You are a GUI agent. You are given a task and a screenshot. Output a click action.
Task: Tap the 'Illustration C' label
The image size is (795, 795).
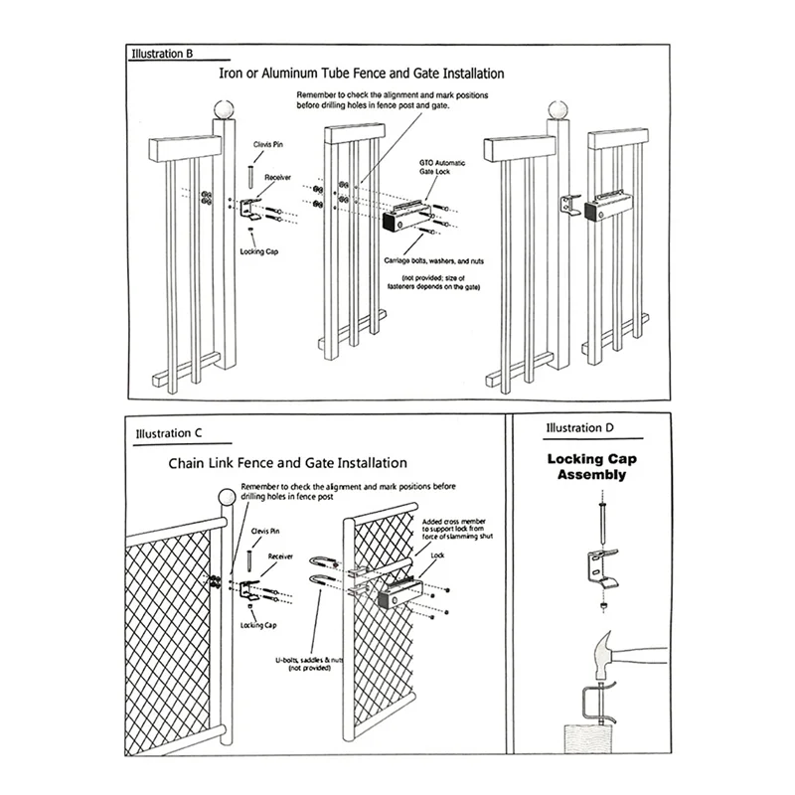(x=169, y=433)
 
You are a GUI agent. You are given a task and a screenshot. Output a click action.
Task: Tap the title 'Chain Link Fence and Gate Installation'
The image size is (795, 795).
(x=287, y=462)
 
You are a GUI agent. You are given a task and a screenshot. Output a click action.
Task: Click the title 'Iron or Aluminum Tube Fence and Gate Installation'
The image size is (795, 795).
(x=362, y=75)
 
